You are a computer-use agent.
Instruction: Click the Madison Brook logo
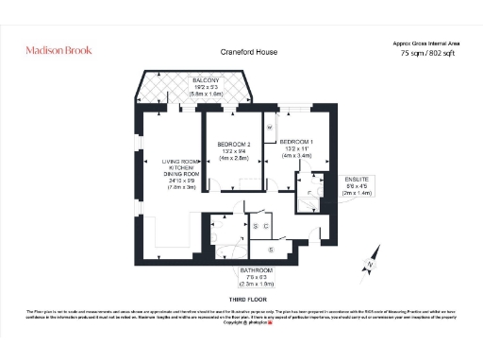tap(58, 50)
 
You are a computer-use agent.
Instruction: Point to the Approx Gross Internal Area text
tap(426, 43)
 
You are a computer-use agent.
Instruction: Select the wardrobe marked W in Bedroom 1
tap(269, 126)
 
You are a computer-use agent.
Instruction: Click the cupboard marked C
tap(267, 226)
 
